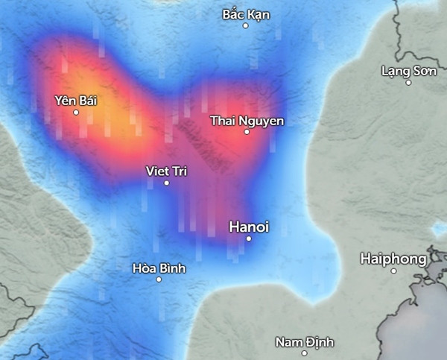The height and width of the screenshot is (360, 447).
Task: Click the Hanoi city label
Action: (249, 226)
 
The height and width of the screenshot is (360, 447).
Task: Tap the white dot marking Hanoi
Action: (249, 239)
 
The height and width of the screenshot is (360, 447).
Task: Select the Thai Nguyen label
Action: (247, 120)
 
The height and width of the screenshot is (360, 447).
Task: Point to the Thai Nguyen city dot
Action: (247, 132)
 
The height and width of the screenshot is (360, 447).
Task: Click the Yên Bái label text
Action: (76, 100)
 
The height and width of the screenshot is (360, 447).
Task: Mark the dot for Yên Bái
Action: (76, 113)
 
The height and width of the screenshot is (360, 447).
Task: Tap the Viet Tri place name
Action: (166, 171)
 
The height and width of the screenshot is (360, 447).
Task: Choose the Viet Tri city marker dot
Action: (166, 183)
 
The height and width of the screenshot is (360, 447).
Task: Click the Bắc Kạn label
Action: (246, 14)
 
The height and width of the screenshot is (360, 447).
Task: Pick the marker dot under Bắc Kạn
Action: (245, 26)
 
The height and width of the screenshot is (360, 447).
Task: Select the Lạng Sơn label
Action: (407, 71)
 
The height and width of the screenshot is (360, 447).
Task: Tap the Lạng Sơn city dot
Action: (408, 83)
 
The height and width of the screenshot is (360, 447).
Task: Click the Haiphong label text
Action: (393, 259)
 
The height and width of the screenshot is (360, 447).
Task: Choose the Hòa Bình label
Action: (159, 268)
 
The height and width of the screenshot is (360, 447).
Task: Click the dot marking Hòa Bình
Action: (159, 280)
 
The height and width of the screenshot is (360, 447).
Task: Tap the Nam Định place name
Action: (305, 342)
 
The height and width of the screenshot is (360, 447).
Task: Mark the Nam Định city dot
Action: (305, 353)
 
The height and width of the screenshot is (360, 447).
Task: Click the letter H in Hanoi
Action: (233, 226)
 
